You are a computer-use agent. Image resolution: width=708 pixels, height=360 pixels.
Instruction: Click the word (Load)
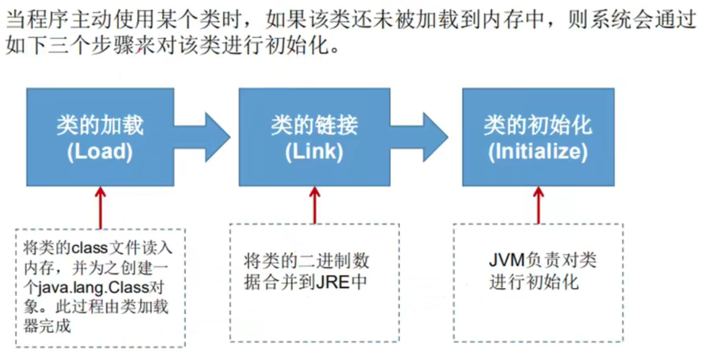[x=99, y=152]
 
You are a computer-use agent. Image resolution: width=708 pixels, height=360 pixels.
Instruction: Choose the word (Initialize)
[x=537, y=152]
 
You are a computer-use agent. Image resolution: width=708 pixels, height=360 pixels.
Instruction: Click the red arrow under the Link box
[x=315, y=204]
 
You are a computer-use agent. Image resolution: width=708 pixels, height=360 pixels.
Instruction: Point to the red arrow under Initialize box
[x=538, y=204]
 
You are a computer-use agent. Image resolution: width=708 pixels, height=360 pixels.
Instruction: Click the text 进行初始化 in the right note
[x=534, y=282]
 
